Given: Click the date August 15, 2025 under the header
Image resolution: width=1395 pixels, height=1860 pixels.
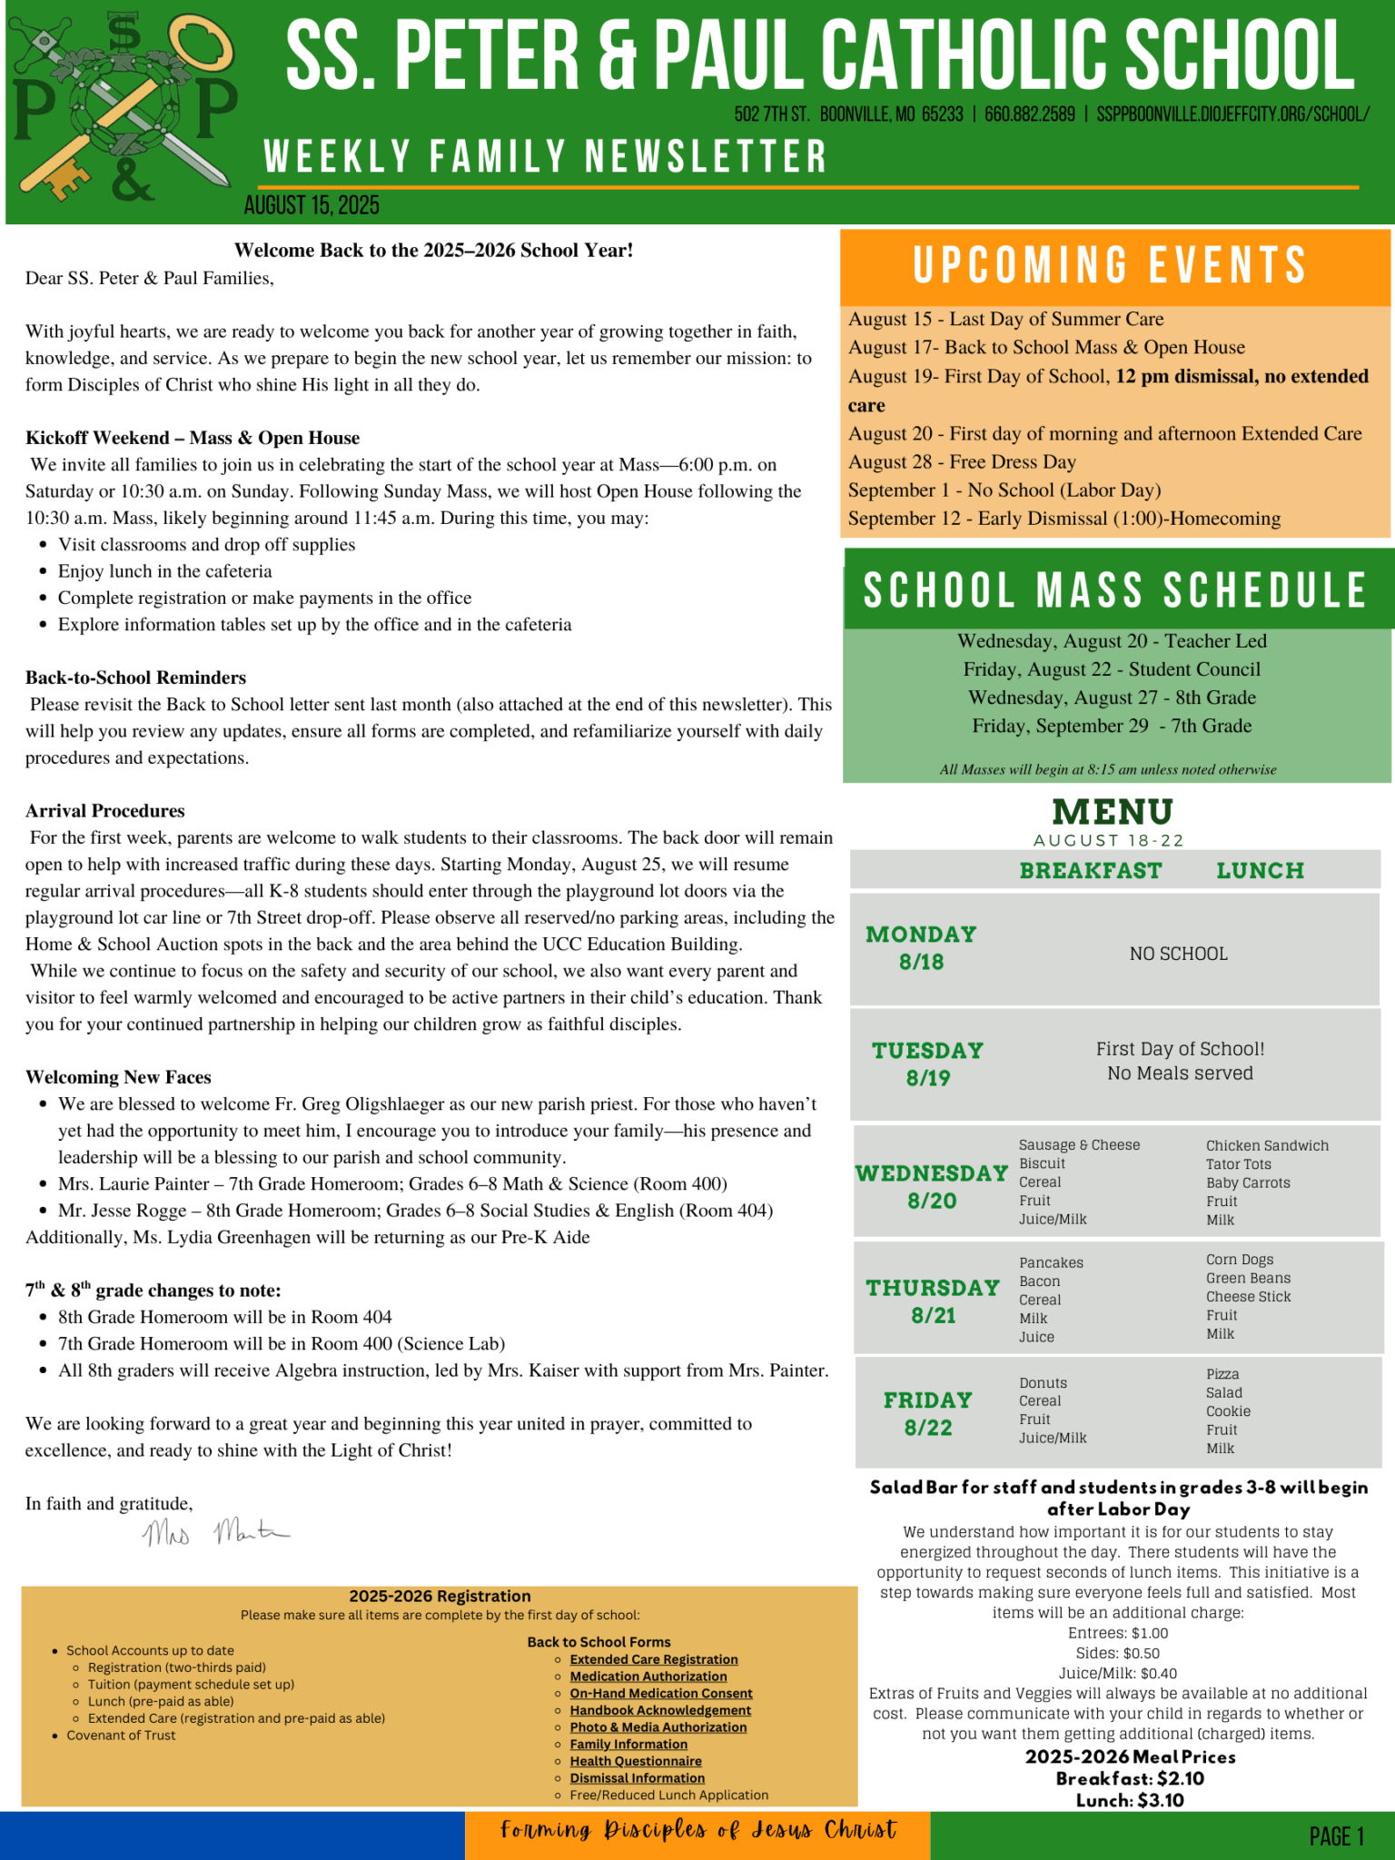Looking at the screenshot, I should click(312, 206).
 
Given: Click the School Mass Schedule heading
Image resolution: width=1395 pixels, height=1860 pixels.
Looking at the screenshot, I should click(1115, 590).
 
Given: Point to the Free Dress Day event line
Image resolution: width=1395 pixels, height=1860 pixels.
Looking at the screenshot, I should click(962, 462).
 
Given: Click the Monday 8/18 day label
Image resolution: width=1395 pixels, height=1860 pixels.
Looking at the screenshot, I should click(921, 948).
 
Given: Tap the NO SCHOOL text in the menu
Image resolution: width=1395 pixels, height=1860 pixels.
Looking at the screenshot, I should click(1178, 954).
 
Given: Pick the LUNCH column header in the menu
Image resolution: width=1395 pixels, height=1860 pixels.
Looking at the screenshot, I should click(1260, 871).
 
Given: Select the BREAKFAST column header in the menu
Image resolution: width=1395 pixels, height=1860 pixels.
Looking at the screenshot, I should click(1090, 871).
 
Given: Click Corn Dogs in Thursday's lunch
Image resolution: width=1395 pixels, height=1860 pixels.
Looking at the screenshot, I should click(1240, 1260).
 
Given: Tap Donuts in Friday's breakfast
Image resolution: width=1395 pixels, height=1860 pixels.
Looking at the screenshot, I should click(1043, 1383).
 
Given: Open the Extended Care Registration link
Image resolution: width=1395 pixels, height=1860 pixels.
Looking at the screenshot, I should click(653, 1659).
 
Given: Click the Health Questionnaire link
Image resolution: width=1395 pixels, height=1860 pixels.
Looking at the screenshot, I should click(635, 1761).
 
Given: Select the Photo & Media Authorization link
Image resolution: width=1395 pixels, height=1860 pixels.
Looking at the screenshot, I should click(658, 1727).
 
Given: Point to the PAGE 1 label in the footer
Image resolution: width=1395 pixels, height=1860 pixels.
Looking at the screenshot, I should click(1336, 1836).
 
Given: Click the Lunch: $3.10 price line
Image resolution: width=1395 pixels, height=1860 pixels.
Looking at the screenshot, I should click(1130, 1800).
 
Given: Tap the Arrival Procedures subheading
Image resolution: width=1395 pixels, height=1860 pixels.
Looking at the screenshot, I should click(105, 811).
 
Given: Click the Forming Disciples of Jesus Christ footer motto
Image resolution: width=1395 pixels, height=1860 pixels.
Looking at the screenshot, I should click(697, 1829).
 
